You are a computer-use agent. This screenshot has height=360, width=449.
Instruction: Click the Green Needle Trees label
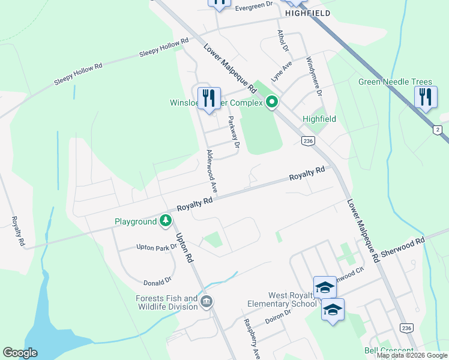pyautogui.click(x=395, y=82)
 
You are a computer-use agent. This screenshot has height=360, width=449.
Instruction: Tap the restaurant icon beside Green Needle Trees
pyautogui.click(x=425, y=97)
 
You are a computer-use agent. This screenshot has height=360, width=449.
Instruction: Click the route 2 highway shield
pyautogui.click(x=437, y=130)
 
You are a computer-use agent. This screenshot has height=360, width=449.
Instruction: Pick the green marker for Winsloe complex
pyautogui.click(x=272, y=103)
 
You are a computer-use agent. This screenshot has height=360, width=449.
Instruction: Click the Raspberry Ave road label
pyautogui.click(x=252, y=338)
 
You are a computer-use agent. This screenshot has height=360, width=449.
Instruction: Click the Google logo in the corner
pyautogui.click(x=20, y=353)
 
